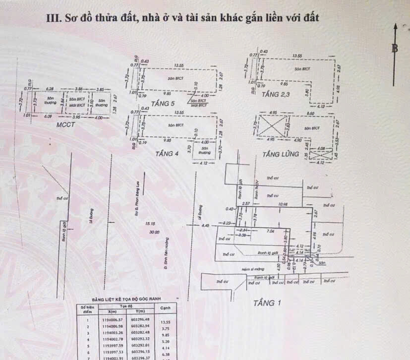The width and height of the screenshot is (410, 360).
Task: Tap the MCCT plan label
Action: pos(65,124)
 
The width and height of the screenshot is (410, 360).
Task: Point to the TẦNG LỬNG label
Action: pos(281,154)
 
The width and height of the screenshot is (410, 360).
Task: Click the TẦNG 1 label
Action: pos(267,302)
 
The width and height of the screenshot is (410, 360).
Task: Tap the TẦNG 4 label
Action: pos(167,154)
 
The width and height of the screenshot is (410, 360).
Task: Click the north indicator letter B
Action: pos(395,48)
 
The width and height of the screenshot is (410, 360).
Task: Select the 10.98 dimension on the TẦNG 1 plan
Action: pos(283,204)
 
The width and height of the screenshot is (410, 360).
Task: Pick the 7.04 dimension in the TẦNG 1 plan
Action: pos(271,231)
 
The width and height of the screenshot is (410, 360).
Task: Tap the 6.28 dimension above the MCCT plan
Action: pos(49,89)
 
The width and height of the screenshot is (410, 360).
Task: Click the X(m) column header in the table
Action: pos(111,311)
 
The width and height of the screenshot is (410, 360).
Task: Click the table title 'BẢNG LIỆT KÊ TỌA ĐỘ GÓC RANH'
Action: pos(126,300)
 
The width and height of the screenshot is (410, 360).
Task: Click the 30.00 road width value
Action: pos(154,232)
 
